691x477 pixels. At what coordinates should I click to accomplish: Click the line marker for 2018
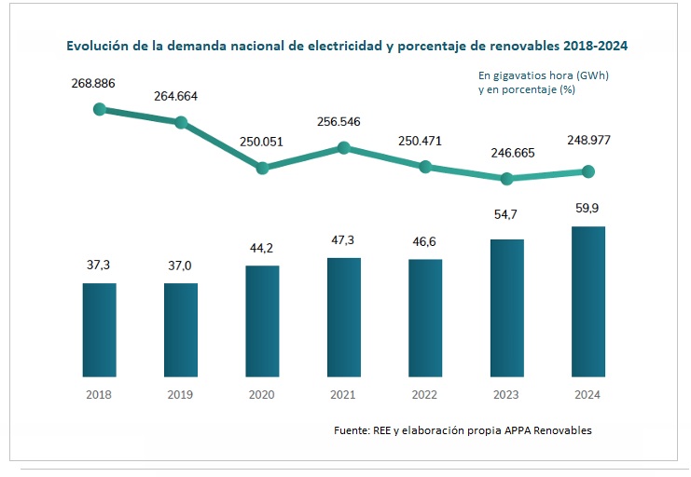[100, 109]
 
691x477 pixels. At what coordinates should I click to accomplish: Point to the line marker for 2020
[262, 168]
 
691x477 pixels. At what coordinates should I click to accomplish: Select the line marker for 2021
[343, 147]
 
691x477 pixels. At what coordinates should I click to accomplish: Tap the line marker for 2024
[587, 171]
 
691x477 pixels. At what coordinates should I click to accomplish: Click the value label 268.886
[93, 84]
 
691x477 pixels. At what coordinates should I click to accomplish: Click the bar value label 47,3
[343, 240]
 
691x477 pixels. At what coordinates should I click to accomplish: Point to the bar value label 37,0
[181, 266]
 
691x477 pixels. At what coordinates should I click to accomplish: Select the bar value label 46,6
[425, 242]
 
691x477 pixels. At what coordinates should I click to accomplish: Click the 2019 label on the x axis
[180, 395]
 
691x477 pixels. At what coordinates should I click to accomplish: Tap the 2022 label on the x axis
[424, 395]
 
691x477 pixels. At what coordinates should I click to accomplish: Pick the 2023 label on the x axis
[506, 395]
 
